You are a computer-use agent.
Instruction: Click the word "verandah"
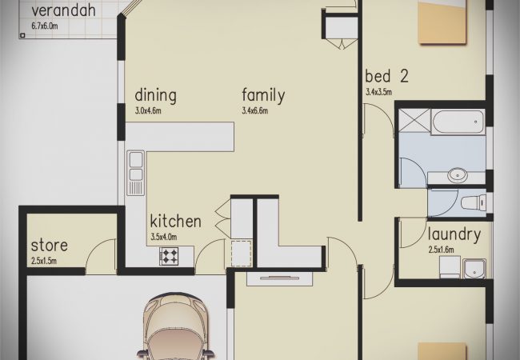(x=63, y=10)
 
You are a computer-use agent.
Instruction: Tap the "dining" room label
(x=155, y=95)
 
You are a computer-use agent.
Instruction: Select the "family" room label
(x=263, y=95)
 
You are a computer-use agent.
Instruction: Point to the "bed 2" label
(x=386, y=76)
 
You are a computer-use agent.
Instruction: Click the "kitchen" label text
(x=175, y=221)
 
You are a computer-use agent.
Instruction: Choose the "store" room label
(x=50, y=246)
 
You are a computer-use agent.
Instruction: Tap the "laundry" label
(x=454, y=234)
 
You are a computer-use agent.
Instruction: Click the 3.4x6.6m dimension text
(x=254, y=110)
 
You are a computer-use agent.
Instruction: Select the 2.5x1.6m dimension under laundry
(x=441, y=250)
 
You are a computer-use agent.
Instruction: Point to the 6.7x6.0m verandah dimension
(x=45, y=26)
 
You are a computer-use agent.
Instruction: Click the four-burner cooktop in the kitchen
(x=169, y=256)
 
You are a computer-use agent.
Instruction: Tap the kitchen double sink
(x=136, y=173)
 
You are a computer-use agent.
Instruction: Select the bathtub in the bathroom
(x=458, y=122)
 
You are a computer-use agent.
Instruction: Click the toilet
(x=474, y=202)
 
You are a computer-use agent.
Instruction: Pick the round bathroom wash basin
(x=458, y=174)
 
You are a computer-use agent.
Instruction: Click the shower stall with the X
(x=414, y=120)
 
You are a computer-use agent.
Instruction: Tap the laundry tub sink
(x=474, y=268)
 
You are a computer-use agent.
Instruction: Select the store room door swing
(x=101, y=256)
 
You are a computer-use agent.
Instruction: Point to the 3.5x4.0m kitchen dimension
(x=164, y=237)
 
